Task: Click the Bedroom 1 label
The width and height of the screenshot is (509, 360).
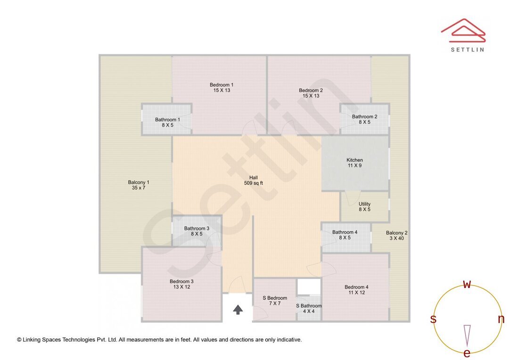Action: pyautogui.click(x=222, y=85)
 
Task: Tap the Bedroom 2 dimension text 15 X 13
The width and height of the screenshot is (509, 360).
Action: pyautogui.click(x=311, y=96)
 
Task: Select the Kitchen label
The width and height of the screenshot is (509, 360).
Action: pyautogui.click(x=354, y=160)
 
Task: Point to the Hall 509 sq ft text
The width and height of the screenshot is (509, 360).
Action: pyautogui.click(x=254, y=180)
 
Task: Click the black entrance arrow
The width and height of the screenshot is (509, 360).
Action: pyautogui.click(x=238, y=310)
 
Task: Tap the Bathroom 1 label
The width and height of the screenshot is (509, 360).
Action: pyautogui.click(x=167, y=120)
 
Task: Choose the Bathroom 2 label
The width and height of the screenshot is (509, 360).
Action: pyautogui.click(x=364, y=116)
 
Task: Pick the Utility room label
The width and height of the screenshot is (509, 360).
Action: pyautogui.click(x=364, y=204)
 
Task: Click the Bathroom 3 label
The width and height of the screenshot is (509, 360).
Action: pyautogui.click(x=197, y=228)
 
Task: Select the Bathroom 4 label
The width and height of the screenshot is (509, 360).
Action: pyautogui.click(x=345, y=232)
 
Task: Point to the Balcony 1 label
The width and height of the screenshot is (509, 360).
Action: pyautogui.click(x=139, y=182)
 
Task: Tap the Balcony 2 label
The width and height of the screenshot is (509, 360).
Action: pyautogui.click(x=397, y=233)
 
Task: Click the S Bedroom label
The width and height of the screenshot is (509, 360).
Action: pyautogui.click(x=275, y=298)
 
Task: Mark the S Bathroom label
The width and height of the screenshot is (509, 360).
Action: pyautogui.click(x=309, y=305)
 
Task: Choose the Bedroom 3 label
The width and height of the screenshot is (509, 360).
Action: pyautogui.click(x=181, y=281)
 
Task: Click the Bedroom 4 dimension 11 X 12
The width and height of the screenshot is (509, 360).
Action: pyautogui.click(x=356, y=293)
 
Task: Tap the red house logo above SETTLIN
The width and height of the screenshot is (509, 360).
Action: pyautogui.click(x=463, y=31)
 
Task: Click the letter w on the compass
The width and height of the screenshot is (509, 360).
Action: pyautogui.click(x=467, y=284)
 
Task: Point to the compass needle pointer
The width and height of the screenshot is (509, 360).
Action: pyautogui.click(x=467, y=336)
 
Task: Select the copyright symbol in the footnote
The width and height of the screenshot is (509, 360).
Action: pyautogui.click(x=19, y=340)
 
